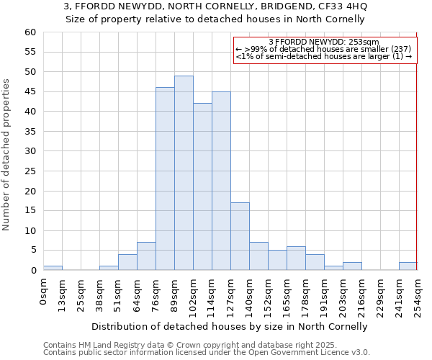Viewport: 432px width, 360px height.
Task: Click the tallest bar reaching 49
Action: (184, 173)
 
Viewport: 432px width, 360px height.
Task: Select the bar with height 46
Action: (165, 179)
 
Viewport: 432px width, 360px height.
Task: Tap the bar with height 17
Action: (240, 236)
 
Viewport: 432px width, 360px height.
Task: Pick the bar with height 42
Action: (202, 186)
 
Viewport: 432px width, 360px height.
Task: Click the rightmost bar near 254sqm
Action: (408, 266)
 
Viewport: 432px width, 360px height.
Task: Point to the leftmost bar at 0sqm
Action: (53, 268)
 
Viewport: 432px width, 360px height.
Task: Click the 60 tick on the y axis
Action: (30, 32)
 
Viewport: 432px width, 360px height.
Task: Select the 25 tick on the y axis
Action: (30, 171)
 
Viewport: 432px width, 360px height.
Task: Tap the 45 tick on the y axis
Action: (30, 92)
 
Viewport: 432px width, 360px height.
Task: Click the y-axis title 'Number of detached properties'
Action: (7, 155)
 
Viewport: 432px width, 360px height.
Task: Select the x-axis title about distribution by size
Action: (230, 326)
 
